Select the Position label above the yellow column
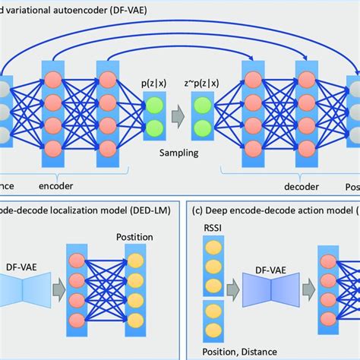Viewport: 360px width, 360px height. tap(133, 237)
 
